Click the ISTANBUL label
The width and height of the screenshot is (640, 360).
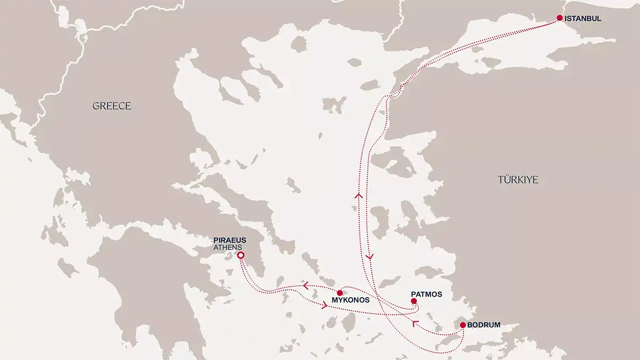pos(583,18)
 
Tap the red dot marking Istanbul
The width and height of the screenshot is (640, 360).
pos(559,18)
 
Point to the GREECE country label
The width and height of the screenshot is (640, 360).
pos(111,106)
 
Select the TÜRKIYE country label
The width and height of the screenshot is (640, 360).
pos(518,180)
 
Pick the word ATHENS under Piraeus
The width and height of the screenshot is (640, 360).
pos(228,247)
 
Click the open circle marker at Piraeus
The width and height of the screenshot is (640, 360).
pos(241,256)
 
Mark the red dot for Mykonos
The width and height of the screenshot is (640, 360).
pos(340,293)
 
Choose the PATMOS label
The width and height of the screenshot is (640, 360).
pos(427,294)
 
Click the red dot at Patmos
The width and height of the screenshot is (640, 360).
pos(414,301)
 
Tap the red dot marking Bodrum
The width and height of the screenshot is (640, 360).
pos(463,325)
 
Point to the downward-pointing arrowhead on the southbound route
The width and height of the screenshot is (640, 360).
pos(370,257)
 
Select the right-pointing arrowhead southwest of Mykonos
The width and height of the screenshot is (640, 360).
pos(324,306)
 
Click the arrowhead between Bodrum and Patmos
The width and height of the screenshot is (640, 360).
pos(415,323)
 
